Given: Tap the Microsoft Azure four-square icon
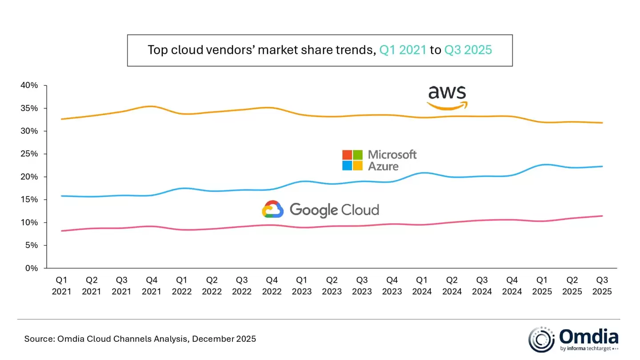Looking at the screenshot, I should [x=352, y=160].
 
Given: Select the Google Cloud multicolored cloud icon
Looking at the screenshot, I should [x=273, y=209].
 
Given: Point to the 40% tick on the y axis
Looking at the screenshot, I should [x=29, y=85].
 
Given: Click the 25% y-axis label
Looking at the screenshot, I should [x=29, y=154].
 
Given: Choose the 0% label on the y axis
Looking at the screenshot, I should [x=32, y=268].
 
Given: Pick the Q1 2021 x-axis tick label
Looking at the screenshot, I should [x=61, y=286].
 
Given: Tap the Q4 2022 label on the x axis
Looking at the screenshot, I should [x=272, y=286].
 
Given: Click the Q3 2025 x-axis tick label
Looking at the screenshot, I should [x=602, y=286].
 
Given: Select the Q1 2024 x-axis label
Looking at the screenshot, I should [x=422, y=286].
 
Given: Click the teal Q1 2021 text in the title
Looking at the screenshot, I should [x=403, y=50].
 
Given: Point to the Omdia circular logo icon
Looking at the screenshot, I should [x=541, y=340].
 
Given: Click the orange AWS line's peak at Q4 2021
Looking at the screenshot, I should [x=152, y=106].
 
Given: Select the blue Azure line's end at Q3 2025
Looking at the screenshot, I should [x=602, y=166].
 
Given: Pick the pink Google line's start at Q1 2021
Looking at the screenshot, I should [x=61, y=231].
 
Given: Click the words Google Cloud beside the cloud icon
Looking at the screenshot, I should [x=334, y=209].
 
